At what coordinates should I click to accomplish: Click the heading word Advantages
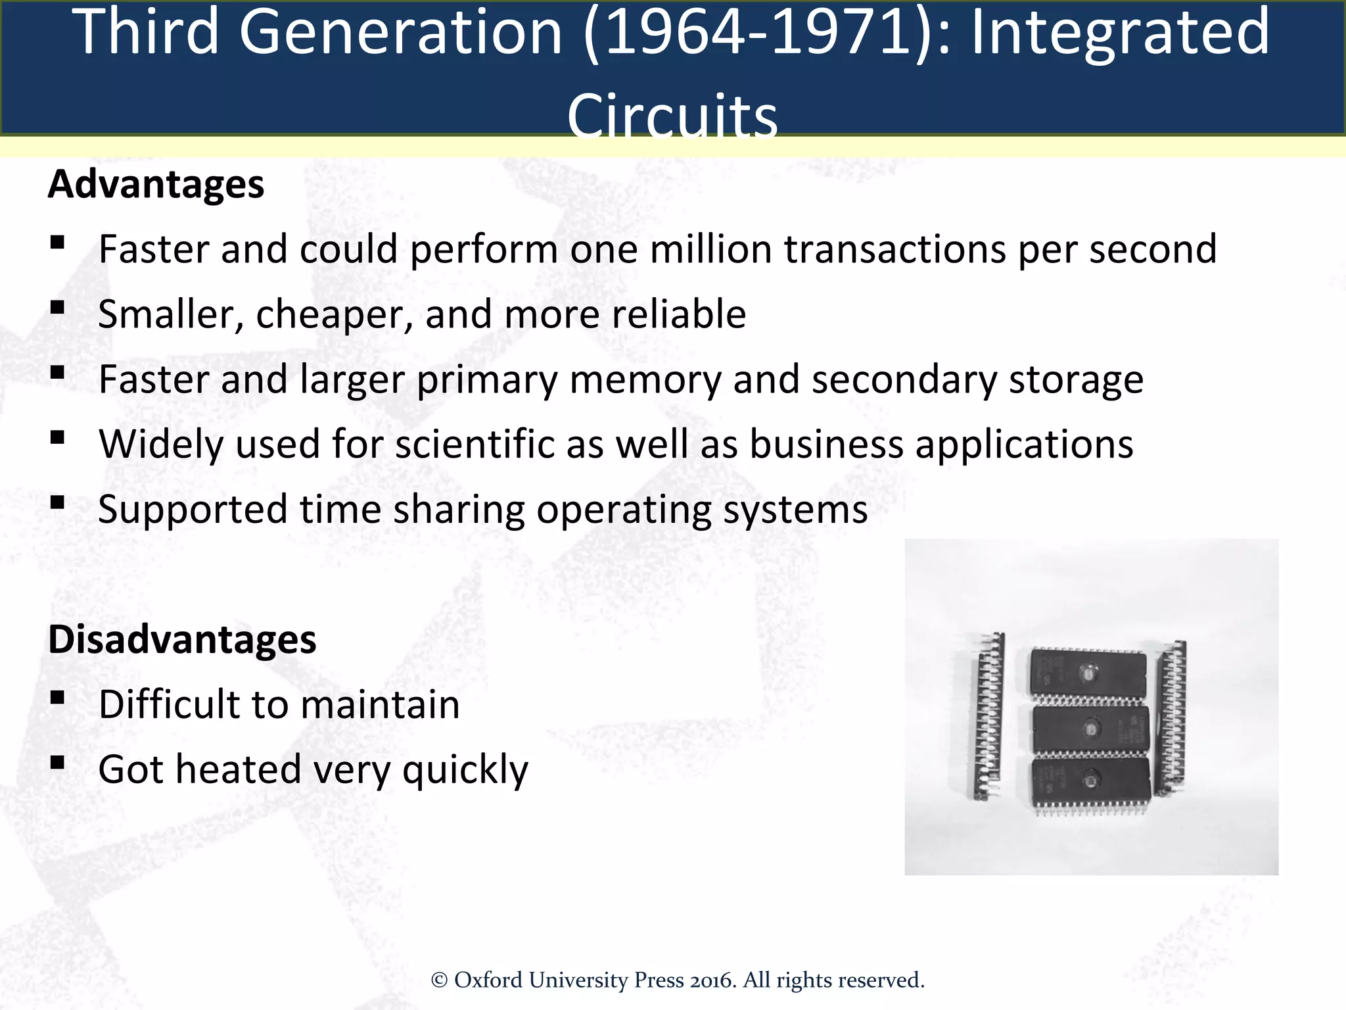[156, 184]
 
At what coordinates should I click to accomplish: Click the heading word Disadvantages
[182, 639]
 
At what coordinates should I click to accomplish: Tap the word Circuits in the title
[672, 116]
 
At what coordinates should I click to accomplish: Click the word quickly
[465, 769]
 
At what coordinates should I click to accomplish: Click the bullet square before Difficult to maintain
[57, 697]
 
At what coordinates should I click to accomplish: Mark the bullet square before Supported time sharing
[57, 502]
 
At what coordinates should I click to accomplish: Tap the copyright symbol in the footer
[439, 980]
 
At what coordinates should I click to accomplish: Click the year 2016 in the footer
[712, 980]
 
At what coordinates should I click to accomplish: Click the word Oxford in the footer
[488, 980]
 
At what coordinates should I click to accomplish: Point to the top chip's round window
[1088, 672]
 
